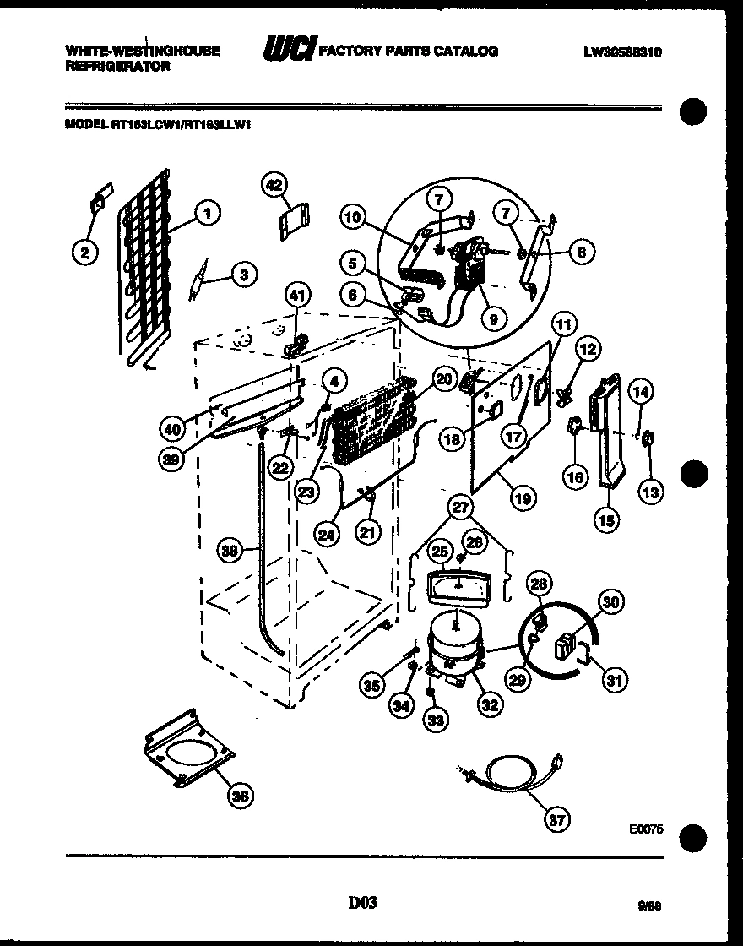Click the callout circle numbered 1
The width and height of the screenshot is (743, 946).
(206, 214)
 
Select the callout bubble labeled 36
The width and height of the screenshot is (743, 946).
(241, 795)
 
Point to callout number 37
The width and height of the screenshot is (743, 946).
(556, 818)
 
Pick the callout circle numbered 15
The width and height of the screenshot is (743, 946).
(604, 520)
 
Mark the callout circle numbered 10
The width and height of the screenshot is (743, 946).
(354, 218)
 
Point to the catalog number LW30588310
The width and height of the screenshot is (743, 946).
(622, 52)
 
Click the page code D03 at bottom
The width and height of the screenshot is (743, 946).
(361, 904)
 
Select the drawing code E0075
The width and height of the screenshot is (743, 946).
(645, 829)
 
